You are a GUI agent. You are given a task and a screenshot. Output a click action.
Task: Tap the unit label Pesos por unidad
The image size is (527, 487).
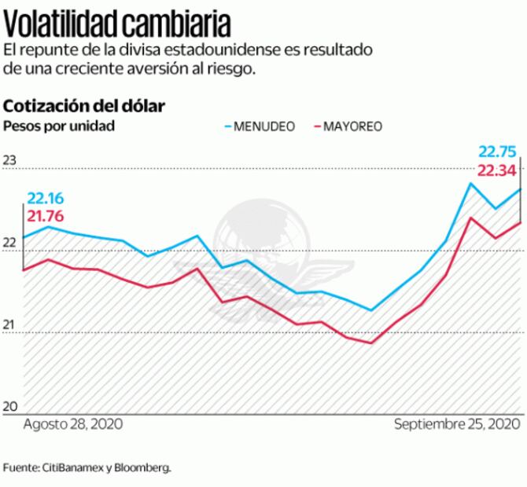(x=59, y=126)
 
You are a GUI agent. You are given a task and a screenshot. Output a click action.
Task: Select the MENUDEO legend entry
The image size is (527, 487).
(x=263, y=126)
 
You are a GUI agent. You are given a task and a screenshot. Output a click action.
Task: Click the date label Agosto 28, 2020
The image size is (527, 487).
(x=72, y=424)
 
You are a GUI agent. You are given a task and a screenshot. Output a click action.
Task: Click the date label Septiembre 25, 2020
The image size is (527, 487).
(x=457, y=424)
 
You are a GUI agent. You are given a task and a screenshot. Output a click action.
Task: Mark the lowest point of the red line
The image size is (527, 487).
(x=370, y=343)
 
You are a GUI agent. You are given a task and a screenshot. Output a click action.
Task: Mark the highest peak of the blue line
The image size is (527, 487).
(x=470, y=184)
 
